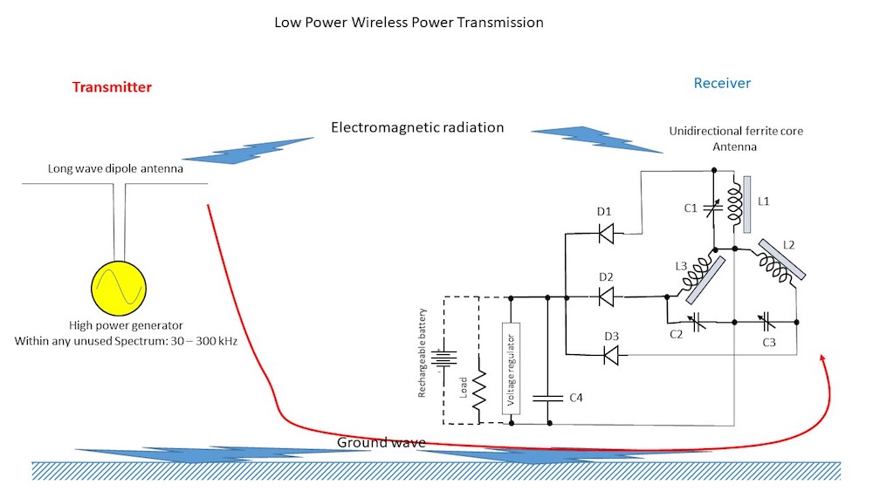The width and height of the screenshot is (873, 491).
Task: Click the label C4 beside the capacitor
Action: tap(575, 399)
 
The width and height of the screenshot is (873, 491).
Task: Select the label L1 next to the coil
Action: tap(764, 201)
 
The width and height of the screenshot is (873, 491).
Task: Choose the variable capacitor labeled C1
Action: tap(712, 208)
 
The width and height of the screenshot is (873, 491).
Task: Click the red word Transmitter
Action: tap(112, 87)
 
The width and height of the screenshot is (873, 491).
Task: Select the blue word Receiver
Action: tap(722, 84)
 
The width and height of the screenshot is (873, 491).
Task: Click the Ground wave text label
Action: tap(381, 442)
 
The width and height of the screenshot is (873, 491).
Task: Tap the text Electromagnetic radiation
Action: tap(417, 127)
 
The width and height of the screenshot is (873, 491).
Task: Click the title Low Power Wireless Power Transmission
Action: tap(409, 23)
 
